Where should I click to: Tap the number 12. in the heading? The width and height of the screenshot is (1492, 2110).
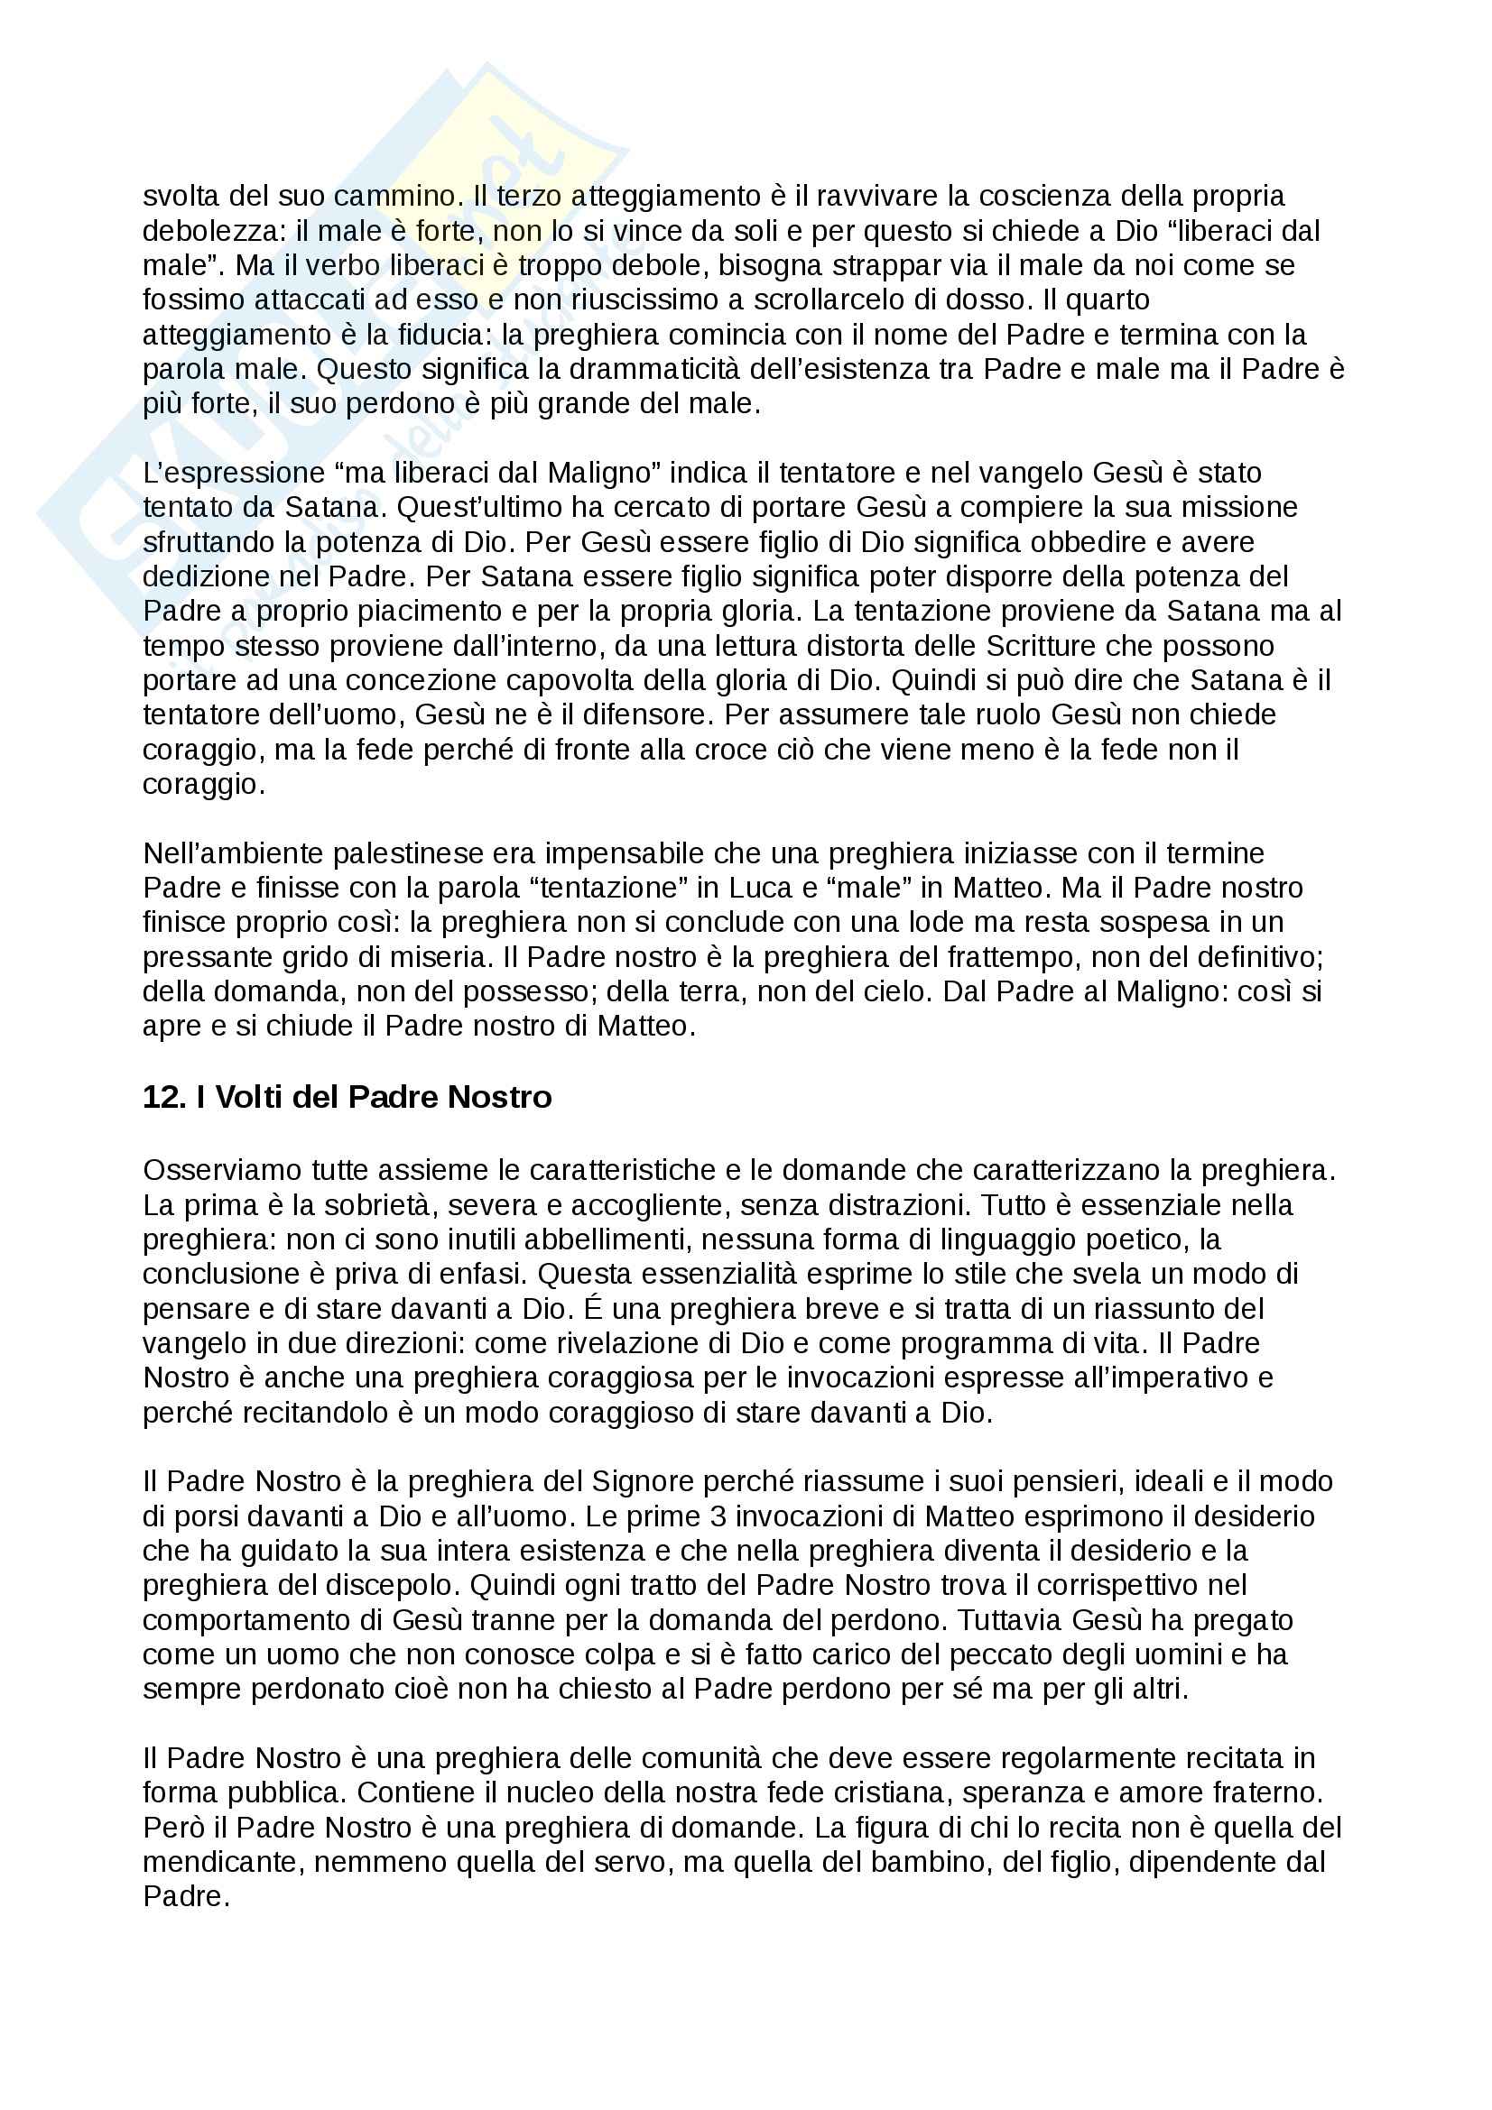click(165, 1097)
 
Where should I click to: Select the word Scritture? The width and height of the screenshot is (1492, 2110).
click(1040, 646)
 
